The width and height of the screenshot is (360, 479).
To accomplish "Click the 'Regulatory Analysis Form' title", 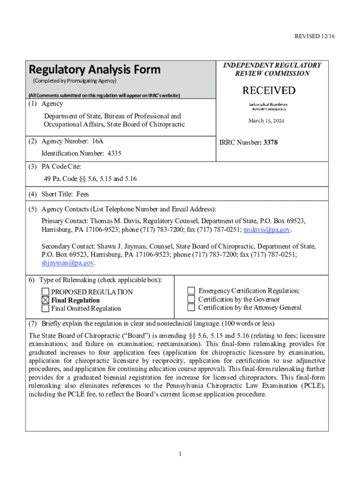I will tap(94, 70).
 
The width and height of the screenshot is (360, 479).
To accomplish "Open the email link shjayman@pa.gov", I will tap(68, 263).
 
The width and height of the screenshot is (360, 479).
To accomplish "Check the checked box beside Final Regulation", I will tap(45, 300).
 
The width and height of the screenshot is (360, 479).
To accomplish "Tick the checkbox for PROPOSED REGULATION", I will tap(45, 292).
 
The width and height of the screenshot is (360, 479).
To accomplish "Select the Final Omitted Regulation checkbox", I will tap(45, 308).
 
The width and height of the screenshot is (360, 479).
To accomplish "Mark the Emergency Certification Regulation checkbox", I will tap(191, 290).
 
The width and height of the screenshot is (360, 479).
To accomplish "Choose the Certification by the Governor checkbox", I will tap(191, 299).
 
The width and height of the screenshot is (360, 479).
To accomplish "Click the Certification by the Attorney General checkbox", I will tap(191, 307).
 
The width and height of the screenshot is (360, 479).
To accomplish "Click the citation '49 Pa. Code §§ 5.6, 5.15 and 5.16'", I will tap(90, 179).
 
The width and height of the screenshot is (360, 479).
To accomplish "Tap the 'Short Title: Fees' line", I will tap(65, 195).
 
